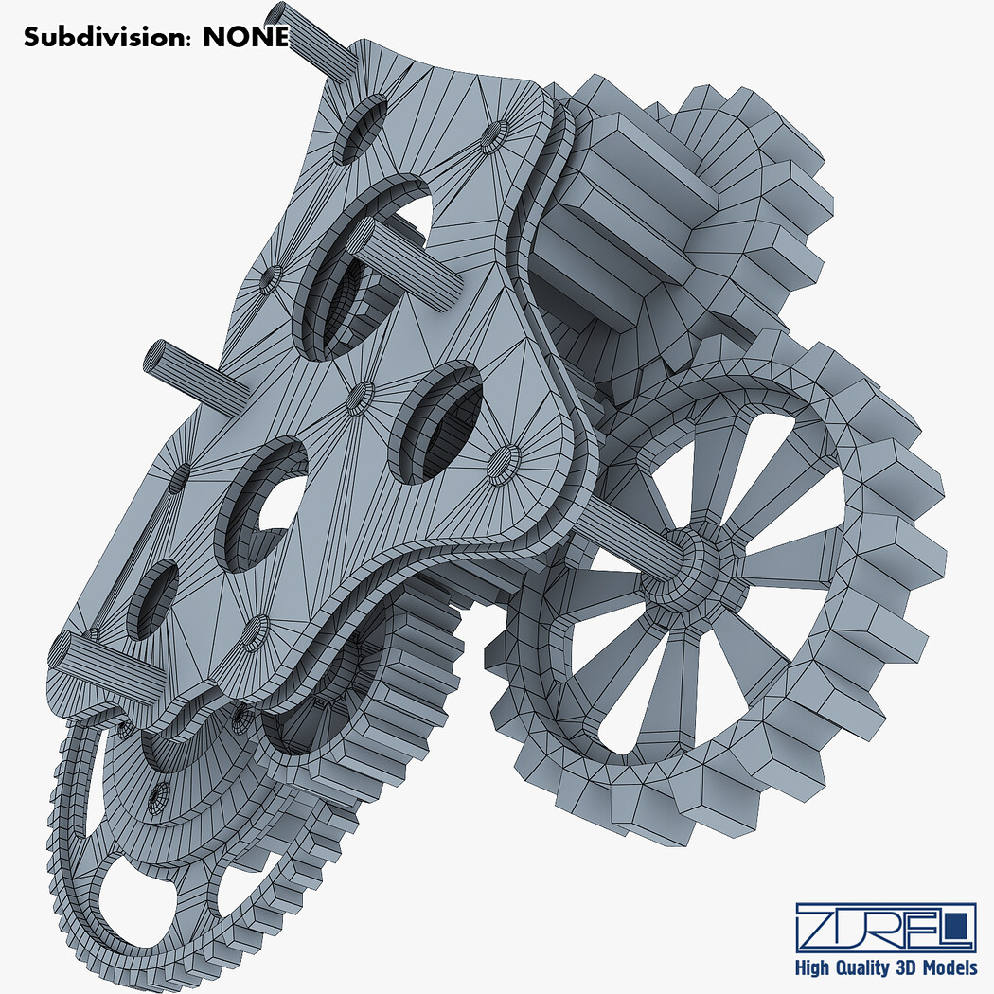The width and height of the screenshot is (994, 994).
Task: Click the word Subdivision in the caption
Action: coord(105,38)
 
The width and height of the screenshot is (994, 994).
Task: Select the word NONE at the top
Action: coord(245,38)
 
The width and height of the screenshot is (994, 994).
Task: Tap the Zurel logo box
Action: coord(885,928)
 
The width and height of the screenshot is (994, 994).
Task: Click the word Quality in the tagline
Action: coord(859,968)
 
